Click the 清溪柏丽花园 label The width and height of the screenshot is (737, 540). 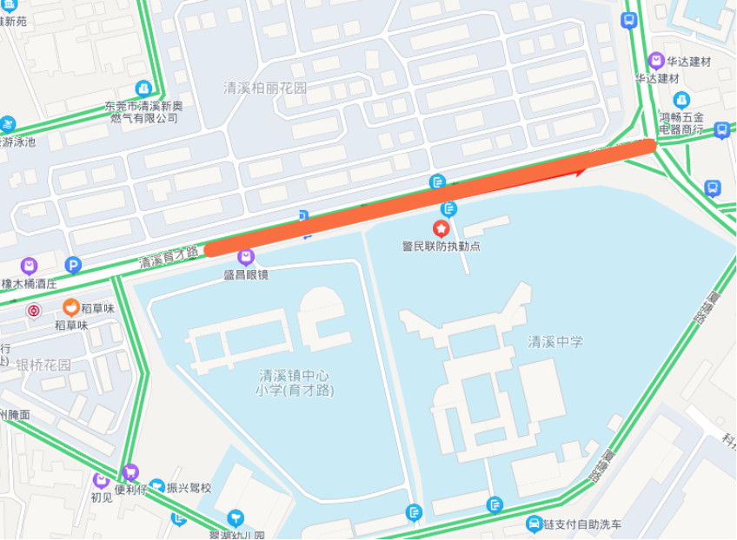pyautogui.click(x=265, y=88)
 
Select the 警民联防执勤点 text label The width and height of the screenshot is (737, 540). pyautogui.click(x=441, y=247)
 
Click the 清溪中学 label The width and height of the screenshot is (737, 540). pyautogui.click(x=555, y=342)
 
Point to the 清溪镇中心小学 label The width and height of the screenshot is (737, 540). pyautogui.click(x=295, y=383)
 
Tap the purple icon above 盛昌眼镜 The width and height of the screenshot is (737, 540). pyautogui.click(x=246, y=257)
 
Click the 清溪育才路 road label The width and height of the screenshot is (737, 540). pyautogui.click(x=169, y=257)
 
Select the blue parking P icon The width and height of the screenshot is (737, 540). pyautogui.click(x=74, y=266)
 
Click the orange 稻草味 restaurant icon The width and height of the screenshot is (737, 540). pyautogui.click(x=71, y=307)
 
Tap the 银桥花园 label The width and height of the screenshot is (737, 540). pyautogui.click(x=43, y=365)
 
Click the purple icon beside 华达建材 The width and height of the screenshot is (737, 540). pyautogui.click(x=656, y=62)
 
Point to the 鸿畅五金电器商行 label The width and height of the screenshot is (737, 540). pyautogui.click(x=681, y=122)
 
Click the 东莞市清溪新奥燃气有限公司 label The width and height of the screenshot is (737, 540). pyautogui.click(x=143, y=112)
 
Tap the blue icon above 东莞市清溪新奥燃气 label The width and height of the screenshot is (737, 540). pyautogui.click(x=143, y=89)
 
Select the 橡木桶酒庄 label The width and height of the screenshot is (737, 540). pyautogui.click(x=29, y=283)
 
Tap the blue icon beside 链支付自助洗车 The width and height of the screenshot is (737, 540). pyautogui.click(x=534, y=524)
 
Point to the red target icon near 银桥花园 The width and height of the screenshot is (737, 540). pyautogui.click(x=34, y=311)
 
